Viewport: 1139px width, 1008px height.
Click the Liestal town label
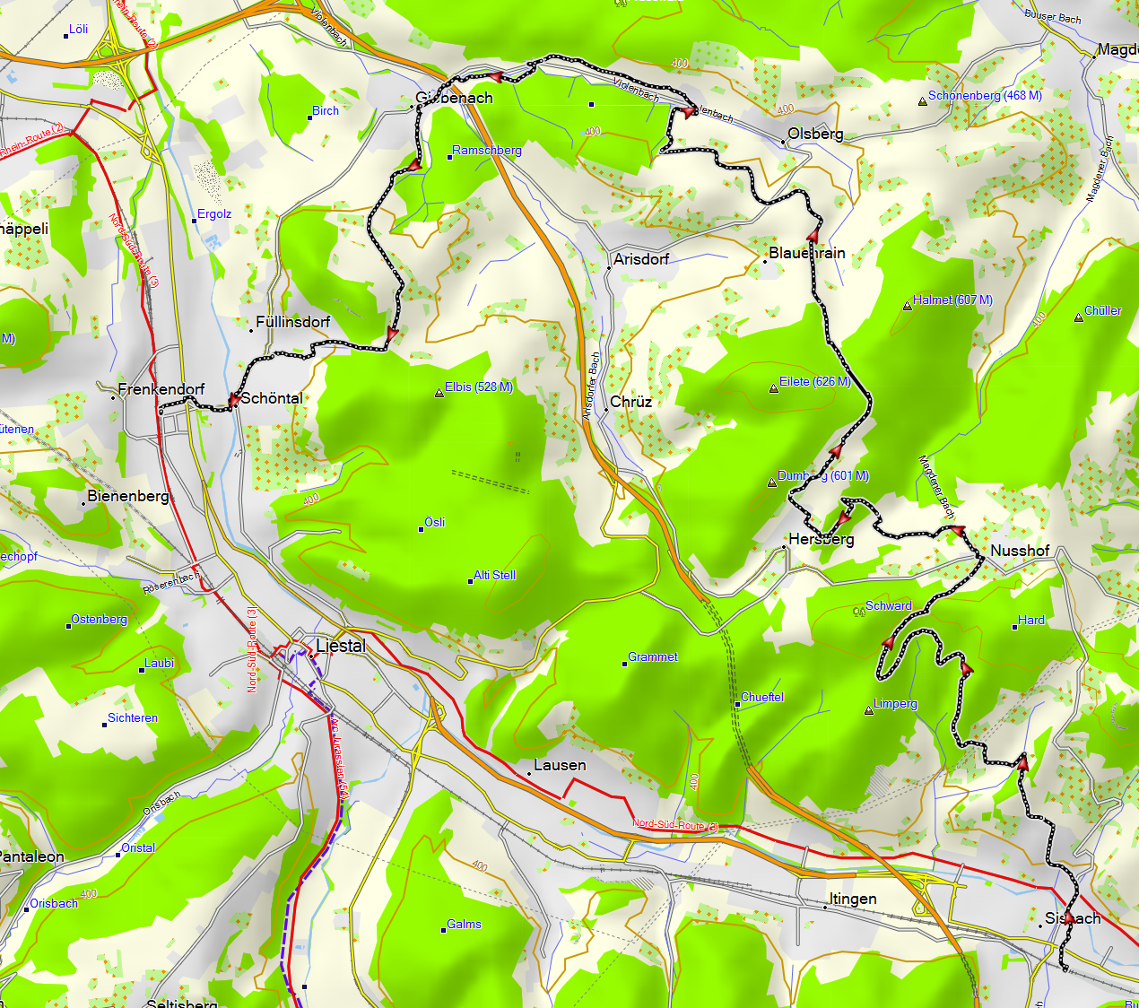click(341, 646)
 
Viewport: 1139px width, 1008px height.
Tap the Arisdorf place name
click(641, 259)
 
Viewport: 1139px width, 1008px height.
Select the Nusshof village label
click(1020, 551)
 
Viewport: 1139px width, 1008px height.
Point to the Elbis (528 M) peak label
click(479, 387)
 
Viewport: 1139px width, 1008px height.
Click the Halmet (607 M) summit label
click(952, 300)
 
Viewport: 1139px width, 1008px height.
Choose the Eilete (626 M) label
click(814, 382)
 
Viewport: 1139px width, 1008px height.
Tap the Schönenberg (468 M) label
click(985, 96)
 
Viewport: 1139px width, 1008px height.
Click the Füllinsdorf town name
click(293, 322)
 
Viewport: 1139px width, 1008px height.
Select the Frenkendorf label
click(161, 389)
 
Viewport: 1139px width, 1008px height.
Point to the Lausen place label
click(560, 765)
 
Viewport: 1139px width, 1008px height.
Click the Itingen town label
click(853, 899)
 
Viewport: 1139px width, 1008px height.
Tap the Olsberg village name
click(815, 134)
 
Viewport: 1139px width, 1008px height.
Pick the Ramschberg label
click(487, 151)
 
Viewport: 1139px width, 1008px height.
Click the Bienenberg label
click(128, 496)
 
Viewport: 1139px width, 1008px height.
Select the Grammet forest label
click(653, 657)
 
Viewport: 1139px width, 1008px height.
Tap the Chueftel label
click(762, 697)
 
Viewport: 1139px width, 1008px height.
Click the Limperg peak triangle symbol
click(868, 711)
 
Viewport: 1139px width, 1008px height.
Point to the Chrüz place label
click(631, 402)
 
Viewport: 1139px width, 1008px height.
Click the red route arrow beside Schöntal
click(231, 400)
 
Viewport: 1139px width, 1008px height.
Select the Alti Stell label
click(495, 576)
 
